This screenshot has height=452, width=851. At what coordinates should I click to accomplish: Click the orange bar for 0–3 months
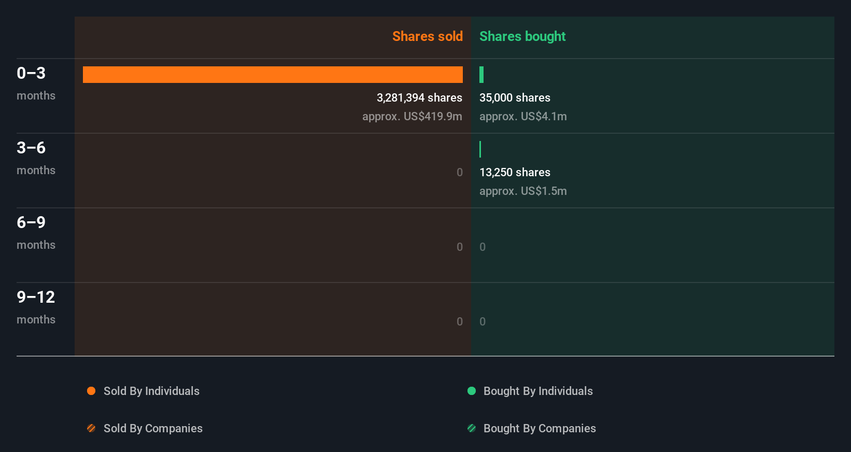273,75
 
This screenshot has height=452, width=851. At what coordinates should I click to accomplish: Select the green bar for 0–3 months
481,75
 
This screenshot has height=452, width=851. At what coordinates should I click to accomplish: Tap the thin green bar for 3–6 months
480,149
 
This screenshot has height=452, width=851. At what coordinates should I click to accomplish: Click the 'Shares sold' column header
427,36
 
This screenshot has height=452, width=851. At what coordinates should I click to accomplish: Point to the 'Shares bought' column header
522,36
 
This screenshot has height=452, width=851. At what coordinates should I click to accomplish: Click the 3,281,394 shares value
419,97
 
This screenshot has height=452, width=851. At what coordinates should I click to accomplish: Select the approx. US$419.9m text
412,116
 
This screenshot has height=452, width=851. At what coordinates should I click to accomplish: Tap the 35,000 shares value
515,97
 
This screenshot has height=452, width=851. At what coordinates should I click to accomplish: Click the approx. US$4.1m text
523,116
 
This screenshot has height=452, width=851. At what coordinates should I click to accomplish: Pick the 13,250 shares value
515,172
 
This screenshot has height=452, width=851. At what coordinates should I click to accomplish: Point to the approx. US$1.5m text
523,191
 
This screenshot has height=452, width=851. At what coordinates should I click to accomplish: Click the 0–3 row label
31,73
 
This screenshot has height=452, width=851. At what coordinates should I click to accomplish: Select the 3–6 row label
31,148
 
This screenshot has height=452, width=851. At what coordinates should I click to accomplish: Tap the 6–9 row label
31,222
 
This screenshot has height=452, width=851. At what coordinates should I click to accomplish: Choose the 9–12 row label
36,297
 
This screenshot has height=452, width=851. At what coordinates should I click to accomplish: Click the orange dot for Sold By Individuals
91,391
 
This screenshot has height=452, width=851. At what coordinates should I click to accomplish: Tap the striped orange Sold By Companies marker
91,428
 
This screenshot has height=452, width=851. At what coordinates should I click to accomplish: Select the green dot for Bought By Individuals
472,391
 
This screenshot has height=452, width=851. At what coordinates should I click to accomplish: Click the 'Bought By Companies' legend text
540,428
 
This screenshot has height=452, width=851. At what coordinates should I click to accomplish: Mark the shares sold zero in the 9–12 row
460,321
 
